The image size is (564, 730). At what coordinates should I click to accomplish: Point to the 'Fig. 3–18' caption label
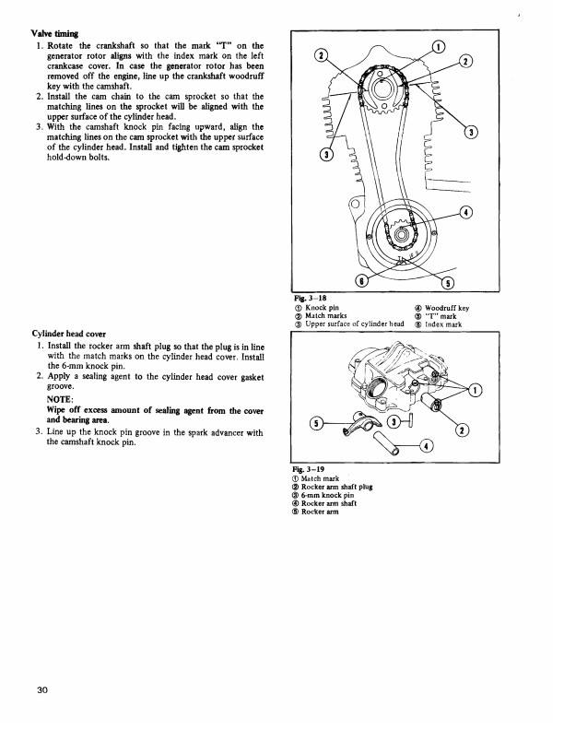303,298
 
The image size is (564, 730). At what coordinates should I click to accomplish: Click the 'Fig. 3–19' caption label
305,468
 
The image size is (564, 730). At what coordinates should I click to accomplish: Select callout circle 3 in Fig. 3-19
394,423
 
